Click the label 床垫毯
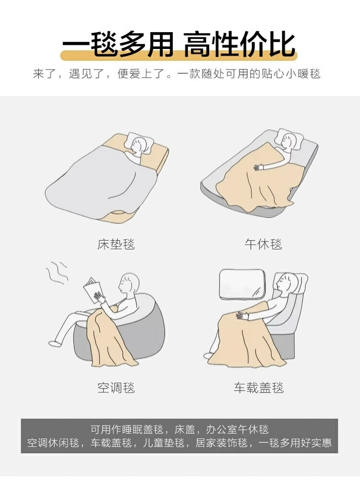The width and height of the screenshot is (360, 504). point(116,244)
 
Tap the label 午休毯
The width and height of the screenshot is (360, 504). point(263,244)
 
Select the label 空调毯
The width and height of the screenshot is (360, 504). point(116,387)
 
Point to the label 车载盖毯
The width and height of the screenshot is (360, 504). point(259,387)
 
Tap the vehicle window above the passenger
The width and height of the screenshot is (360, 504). point(242,283)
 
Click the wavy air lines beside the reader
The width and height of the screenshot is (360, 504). point(56,272)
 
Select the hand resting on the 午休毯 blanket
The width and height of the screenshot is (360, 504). point(259,167)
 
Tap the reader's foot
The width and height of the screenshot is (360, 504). point(55,343)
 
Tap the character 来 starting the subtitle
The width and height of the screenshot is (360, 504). point(38,74)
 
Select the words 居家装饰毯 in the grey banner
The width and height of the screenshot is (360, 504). point(222,443)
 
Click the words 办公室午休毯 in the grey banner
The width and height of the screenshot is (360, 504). point(237,429)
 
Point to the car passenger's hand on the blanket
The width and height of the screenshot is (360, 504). point(242,316)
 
